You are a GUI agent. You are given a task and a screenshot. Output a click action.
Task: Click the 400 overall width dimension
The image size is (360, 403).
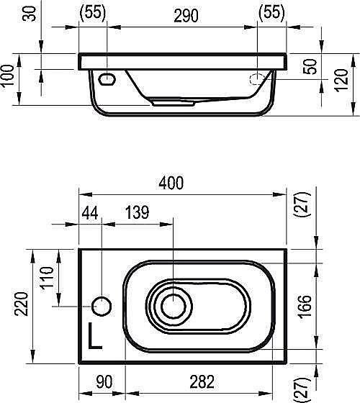[x=171, y=183]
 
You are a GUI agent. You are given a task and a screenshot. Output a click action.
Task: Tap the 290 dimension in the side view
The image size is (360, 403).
[x=186, y=16]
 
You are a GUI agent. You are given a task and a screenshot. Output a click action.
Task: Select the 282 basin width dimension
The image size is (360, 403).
[x=202, y=382]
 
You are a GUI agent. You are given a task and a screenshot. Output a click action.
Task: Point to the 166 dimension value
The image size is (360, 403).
[x=305, y=307]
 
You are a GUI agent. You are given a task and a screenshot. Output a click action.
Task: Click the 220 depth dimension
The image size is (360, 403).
[x=21, y=304]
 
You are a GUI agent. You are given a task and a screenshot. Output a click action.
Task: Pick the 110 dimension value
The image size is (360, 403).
[x=47, y=278]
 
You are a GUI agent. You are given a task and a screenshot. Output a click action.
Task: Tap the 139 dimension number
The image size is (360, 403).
[x=137, y=212]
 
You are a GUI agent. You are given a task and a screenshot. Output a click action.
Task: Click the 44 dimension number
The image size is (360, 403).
[x=90, y=213]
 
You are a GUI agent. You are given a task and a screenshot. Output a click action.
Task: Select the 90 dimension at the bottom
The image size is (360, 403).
[x=104, y=382]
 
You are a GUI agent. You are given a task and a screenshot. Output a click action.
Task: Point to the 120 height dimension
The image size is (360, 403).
[x=341, y=80]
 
